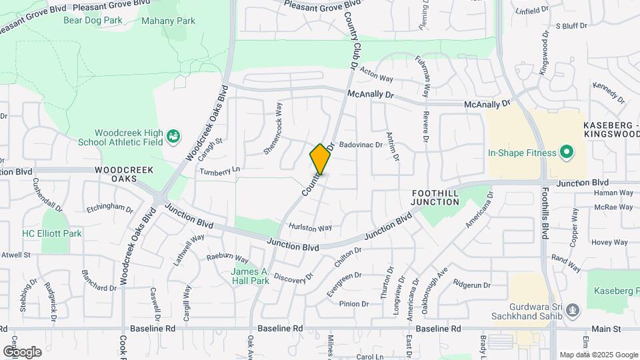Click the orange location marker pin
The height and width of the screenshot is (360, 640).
320,159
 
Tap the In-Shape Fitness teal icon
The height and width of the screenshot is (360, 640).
567,152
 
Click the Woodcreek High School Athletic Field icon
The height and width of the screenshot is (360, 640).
174,136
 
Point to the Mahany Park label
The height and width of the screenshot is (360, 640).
168,21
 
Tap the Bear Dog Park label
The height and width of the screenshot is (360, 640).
93,20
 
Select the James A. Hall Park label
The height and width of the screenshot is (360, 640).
250,276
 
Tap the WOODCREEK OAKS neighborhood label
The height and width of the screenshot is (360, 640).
116,174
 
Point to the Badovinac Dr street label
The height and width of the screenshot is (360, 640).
360,144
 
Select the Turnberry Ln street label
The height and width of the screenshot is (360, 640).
219,171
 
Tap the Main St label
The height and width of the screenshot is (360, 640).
607,329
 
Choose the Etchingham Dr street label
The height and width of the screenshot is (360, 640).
110,207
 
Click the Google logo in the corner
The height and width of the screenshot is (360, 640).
22,351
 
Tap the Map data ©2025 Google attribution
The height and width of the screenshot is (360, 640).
598,355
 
